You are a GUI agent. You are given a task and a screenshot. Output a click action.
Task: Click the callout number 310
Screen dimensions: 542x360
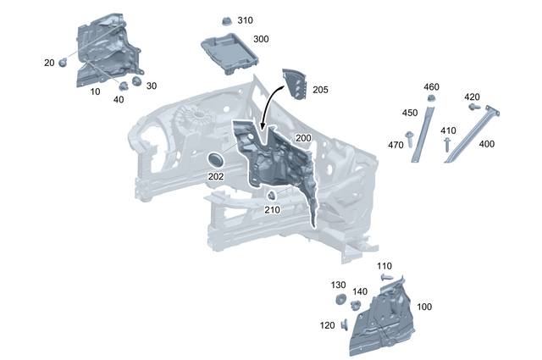tap(245, 20)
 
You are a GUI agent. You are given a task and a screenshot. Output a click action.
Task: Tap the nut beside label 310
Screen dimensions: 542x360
tap(227, 20)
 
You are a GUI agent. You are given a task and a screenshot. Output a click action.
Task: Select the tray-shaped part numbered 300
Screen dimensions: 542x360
tap(230, 53)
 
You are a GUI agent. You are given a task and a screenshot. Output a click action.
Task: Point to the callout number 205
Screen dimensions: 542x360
tap(320, 90)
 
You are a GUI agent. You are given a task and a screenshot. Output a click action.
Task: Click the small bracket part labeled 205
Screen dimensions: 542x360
tap(295, 85)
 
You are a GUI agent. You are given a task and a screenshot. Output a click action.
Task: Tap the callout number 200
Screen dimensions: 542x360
tap(303, 138)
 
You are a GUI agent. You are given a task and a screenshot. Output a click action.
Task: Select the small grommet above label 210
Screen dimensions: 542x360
tap(272, 196)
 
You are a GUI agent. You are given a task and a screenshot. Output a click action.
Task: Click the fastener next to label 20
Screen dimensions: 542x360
tap(63, 63)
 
